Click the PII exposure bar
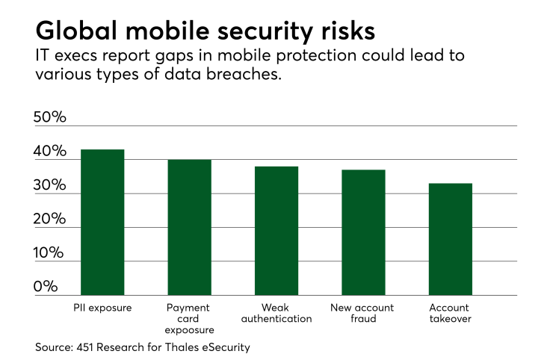pos(102,223)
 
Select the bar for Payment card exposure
pos(189,228)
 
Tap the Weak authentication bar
pos(276,231)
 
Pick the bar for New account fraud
pos(363,232)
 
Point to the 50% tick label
pos(50,118)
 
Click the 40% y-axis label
pos(50,152)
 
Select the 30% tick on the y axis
pos(50,185)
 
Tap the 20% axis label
pos(50,220)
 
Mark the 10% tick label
pos(50,253)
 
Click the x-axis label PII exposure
pos(102,307)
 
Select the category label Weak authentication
pos(276,313)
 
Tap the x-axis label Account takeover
pos(450,313)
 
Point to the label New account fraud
pos(363,313)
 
